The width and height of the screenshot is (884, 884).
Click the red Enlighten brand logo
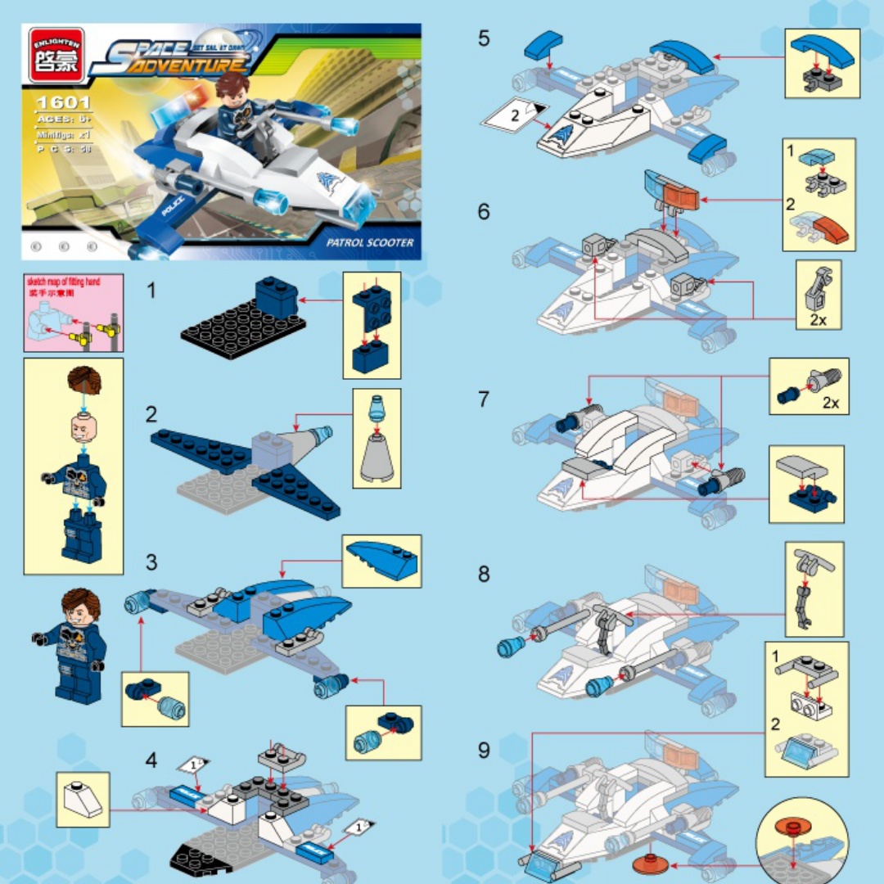tap(56, 55)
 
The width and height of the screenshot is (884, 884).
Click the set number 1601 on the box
tap(61, 104)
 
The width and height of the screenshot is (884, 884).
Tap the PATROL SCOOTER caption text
tap(369, 243)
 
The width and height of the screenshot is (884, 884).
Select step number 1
tap(151, 291)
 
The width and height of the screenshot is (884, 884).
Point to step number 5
tap(485, 38)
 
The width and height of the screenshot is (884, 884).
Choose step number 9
tap(485, 750)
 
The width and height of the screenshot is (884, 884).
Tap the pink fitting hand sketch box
tap(74, 313)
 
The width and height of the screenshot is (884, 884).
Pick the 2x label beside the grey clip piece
tap(817, 319)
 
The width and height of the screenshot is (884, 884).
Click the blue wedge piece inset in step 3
tap(381, 561)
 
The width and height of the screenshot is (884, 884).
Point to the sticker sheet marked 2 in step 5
tap(514, 117)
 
